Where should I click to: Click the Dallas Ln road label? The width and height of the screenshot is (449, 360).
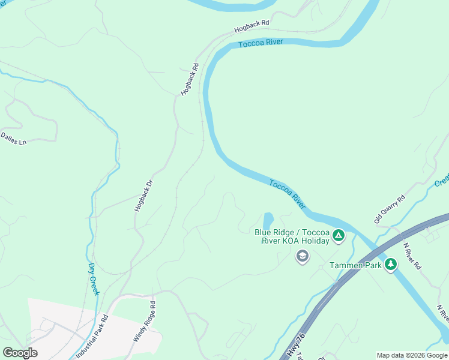click(13, 139)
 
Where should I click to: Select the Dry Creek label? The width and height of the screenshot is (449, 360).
click(93, 279)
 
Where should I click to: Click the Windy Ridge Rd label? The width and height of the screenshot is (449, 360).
click(145, 323)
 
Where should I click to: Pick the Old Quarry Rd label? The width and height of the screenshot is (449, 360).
click(390, 209)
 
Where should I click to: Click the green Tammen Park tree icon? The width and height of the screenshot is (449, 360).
click(391, 264)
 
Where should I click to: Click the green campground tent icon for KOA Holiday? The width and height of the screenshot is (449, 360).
click(339, 236)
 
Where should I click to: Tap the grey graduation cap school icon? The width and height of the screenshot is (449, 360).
click(303, 257)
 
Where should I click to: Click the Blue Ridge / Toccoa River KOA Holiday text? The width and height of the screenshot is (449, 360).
click(292, 236)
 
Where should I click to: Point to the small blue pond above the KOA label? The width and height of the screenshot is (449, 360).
click(267, 220)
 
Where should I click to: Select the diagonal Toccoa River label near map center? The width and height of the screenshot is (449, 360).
click(288, 194)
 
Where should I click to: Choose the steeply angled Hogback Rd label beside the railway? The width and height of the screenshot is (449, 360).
click(190, 79)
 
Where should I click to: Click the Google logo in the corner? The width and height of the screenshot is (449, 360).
click(20, 352)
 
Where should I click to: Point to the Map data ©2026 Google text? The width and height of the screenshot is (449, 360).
click(412, 355)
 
